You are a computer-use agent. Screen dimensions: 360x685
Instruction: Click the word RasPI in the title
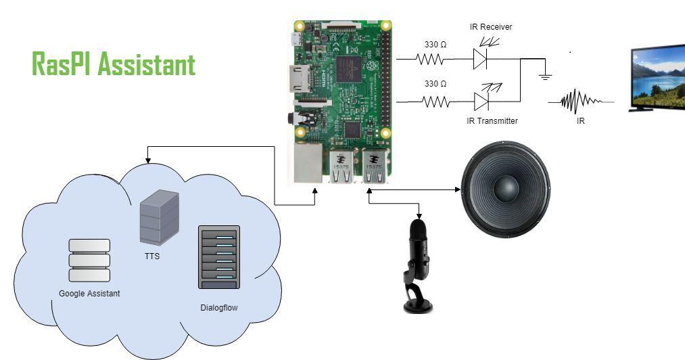[62, 64]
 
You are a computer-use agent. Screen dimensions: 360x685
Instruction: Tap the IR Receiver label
[491, 27]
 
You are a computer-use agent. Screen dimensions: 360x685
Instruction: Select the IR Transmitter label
[492, 120]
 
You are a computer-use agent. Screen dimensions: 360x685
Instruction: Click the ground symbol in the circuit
[544, 76]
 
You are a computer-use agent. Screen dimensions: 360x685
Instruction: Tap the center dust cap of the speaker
[504, 188]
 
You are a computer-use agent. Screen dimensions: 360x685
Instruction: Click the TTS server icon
[159, 217]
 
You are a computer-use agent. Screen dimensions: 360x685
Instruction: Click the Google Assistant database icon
[89, 260]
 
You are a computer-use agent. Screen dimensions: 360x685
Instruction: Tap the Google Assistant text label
[89, 293]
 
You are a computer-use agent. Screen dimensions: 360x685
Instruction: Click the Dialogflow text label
[219, 308]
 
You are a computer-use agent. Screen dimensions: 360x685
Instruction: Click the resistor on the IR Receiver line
[431, 60]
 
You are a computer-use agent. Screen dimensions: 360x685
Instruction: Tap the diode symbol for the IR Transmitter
[481, 102]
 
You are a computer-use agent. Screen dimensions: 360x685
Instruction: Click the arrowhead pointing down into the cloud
[147, 161]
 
